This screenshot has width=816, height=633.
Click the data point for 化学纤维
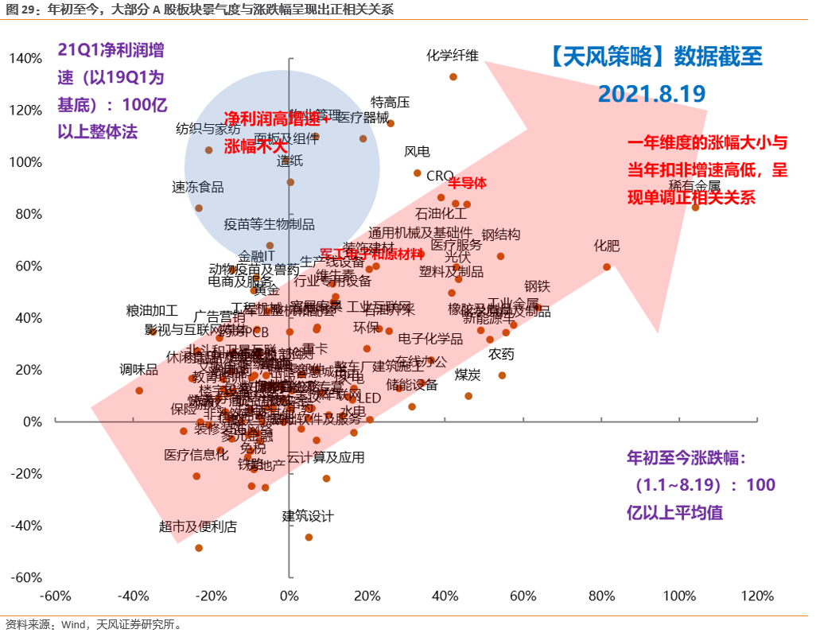point(453,77)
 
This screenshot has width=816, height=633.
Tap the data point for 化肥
point(607,267)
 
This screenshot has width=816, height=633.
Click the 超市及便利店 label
point(198,526)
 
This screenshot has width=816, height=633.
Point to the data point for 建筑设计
point(309,538)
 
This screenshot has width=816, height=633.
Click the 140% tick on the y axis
point(25,59)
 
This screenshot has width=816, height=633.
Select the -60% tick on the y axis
point(25,577)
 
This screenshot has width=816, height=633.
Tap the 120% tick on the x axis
point(756,596)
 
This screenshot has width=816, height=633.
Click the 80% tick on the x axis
point(600,596)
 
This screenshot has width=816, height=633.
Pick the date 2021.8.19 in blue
point(652,94)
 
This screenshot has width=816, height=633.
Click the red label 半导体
point(467,183)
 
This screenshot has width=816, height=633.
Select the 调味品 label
point(139,369)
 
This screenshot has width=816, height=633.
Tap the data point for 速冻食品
point(199,208)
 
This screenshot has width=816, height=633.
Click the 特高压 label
point(391,103)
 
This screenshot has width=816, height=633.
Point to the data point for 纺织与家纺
point(209,150)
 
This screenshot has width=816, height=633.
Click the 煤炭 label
point(468,374)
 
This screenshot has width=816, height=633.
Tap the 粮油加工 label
point(152,311)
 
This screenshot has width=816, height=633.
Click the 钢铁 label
point(537,287)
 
